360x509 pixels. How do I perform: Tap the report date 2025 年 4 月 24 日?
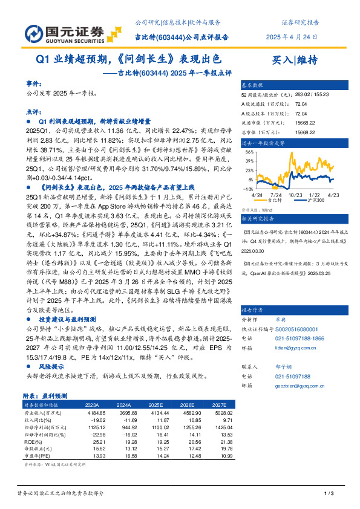(x=292, y=37)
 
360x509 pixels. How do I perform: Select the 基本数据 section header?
(x=252, y=85)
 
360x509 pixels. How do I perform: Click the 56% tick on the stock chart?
(x=250, y=151)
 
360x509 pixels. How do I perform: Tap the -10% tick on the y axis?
(x=249, y=189)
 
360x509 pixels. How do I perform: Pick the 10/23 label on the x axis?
(x=296, y=195)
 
